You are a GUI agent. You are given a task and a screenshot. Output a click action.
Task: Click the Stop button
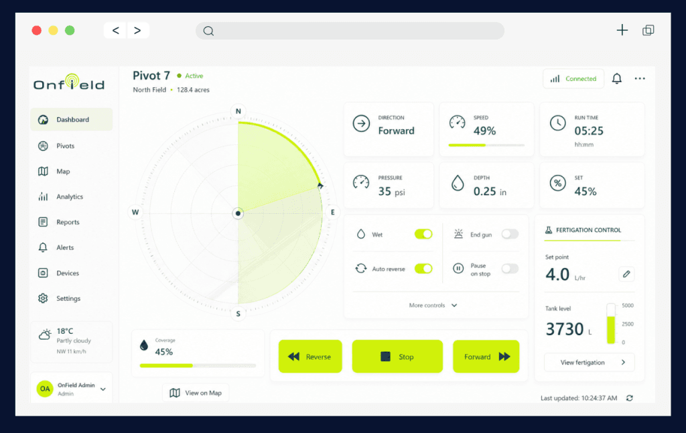(397, 357)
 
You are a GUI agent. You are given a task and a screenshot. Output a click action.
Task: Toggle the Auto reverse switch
(423, 268)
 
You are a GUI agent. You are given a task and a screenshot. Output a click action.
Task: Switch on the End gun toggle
(510, 234)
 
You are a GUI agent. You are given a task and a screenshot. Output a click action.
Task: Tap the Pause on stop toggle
(510, 268)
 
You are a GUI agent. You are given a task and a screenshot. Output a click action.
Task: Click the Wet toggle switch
(423, 234)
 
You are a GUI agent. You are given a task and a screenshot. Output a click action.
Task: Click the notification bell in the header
(617, 78)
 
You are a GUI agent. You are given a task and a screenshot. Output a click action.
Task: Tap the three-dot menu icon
(640, 78)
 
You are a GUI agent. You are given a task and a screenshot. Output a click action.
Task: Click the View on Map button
(196, 393)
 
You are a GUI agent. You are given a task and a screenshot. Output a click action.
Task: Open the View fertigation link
(590, 362)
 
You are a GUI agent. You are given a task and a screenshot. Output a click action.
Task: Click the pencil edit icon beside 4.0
(626, 274)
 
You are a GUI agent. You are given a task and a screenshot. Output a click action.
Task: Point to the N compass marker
(238, 111)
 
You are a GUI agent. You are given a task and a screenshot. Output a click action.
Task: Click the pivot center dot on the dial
(238, 214)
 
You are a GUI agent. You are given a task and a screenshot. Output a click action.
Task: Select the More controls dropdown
(433, 305)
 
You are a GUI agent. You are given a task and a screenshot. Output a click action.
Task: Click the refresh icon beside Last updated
(630, 398)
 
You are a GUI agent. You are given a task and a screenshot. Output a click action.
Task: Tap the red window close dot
(37, 30)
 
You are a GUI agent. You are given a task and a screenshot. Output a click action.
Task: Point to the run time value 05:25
(589, 131)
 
